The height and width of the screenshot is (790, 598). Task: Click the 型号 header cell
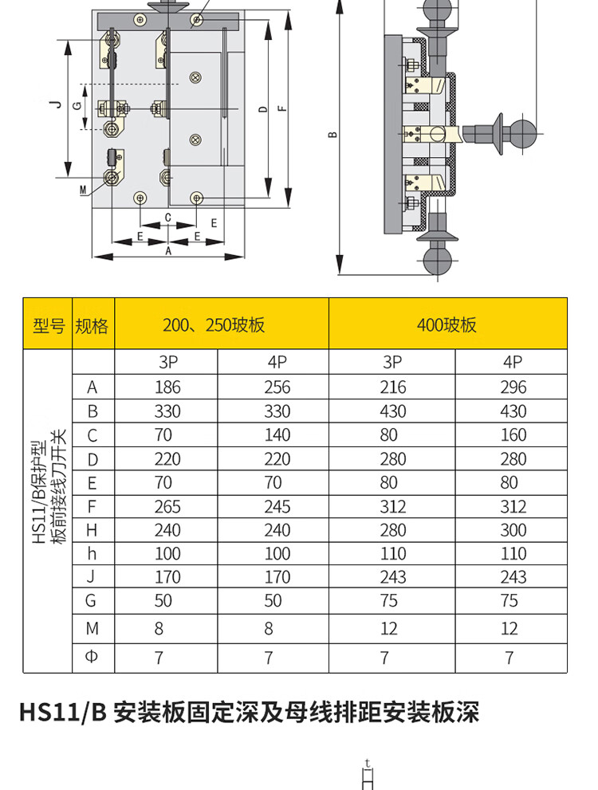48,324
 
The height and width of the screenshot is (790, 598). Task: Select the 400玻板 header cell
447,324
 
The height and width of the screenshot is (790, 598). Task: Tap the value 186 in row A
167,387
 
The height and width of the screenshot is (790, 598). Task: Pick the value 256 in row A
277,387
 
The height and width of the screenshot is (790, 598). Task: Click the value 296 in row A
513,387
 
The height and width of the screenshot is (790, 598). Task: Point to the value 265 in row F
167,506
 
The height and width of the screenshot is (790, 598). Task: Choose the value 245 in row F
277,506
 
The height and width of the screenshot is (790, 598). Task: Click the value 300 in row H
513,530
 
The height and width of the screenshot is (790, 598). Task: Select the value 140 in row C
277,434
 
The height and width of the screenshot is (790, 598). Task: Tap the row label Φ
92,657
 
